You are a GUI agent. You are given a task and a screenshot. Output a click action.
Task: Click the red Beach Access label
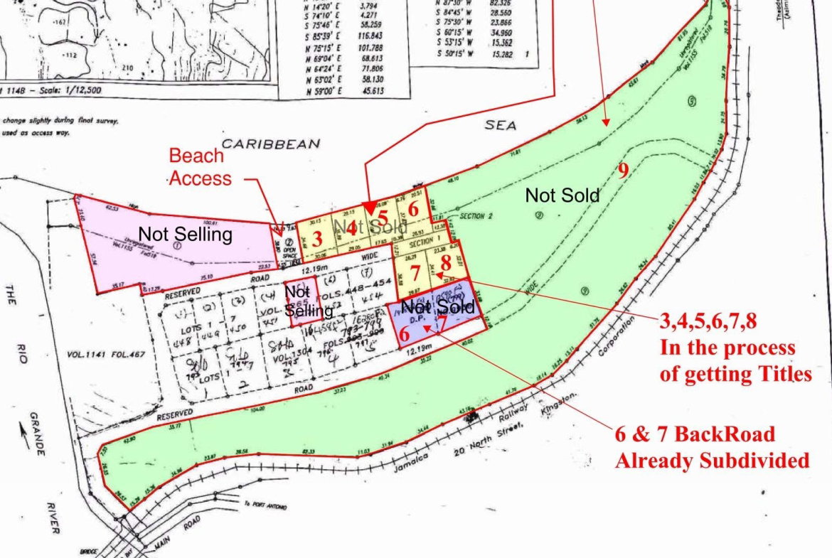(x=201, y=166)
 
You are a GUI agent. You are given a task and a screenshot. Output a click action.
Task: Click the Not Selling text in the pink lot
(x=185, y=234)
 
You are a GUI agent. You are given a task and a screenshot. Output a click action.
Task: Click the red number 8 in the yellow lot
(x=446, y=262)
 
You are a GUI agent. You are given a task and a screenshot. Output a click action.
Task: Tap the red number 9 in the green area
(x=623, y=170)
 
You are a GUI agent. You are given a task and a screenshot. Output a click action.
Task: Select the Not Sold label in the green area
(x=562, y=195)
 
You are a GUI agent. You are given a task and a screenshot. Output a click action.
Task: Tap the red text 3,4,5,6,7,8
(x=708, y=322)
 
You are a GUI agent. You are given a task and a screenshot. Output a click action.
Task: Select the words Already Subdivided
(x=712, y=460)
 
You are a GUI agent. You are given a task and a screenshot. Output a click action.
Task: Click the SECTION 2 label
(x=476, y=216)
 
